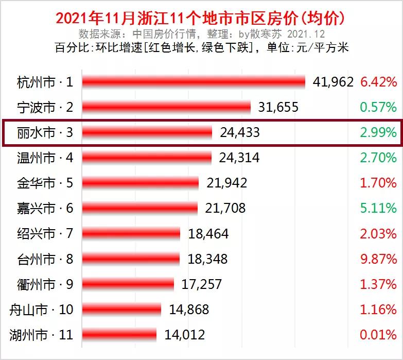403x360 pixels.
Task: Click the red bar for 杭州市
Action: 194,82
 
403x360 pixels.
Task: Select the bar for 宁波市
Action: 166,107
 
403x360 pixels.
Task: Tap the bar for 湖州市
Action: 119,335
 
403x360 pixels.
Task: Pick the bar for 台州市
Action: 131,259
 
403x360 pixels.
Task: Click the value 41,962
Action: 333,82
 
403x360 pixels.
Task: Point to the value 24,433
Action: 239,133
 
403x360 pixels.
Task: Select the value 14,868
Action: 188,310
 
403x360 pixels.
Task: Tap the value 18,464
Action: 208,234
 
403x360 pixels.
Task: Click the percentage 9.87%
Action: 378,259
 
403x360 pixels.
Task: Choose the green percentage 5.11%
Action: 378,208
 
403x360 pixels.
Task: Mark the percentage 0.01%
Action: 378,335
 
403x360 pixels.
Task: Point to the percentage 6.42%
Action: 378,82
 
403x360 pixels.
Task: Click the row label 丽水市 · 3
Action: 45,133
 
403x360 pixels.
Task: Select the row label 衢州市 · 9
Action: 45,284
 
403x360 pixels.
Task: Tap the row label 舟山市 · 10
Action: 42,310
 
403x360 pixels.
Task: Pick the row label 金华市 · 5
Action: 45,183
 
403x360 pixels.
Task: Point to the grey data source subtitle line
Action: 201,34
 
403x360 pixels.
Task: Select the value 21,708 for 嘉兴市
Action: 225,208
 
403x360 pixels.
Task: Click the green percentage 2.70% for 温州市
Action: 378,158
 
